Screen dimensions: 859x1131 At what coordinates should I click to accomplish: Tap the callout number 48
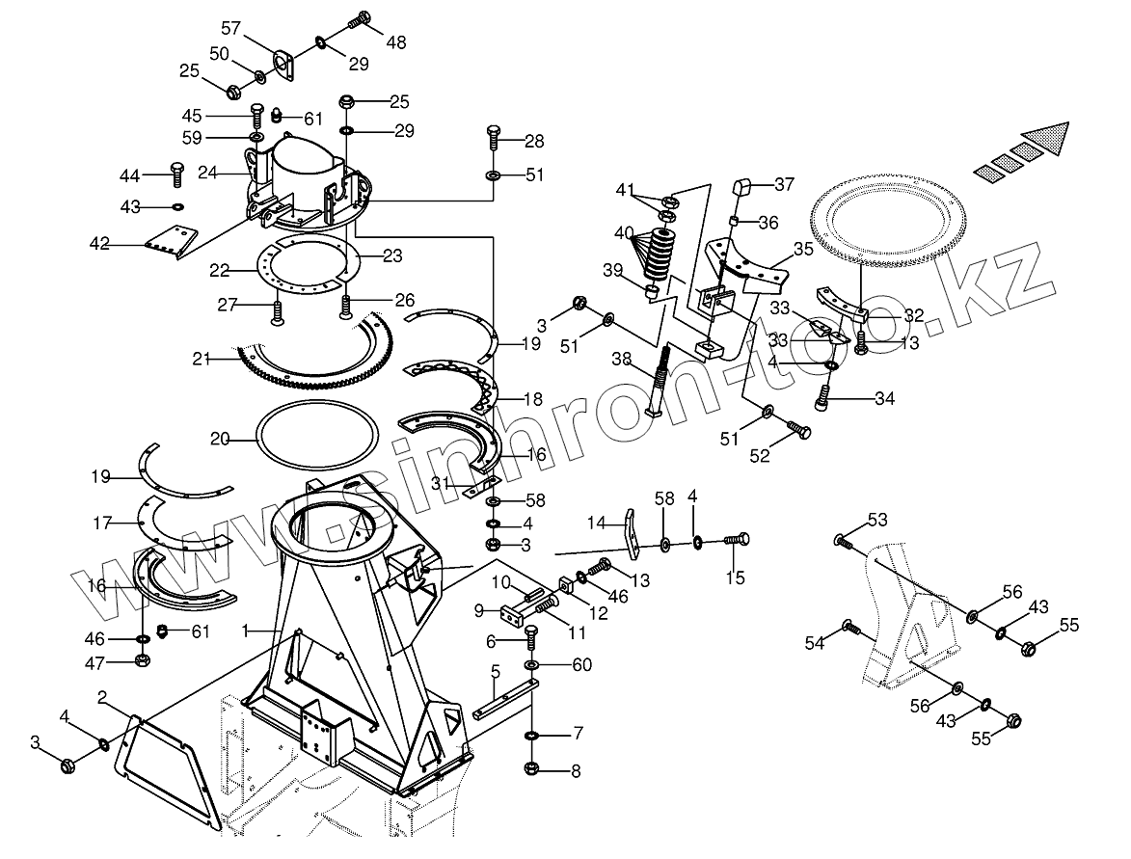pos(396,42)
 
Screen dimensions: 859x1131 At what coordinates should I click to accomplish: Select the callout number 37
pos(783,184)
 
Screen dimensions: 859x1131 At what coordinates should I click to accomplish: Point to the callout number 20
pos(220,439)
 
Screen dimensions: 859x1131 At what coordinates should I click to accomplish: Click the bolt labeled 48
pos(360,18)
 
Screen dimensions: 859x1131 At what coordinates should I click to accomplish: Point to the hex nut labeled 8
pos(532,768)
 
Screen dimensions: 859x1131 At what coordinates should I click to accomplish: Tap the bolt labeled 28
pos(494,139)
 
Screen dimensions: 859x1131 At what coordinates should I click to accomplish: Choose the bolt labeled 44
pos(176,174)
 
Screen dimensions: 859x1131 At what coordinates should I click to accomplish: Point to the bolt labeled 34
pos(825,397)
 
